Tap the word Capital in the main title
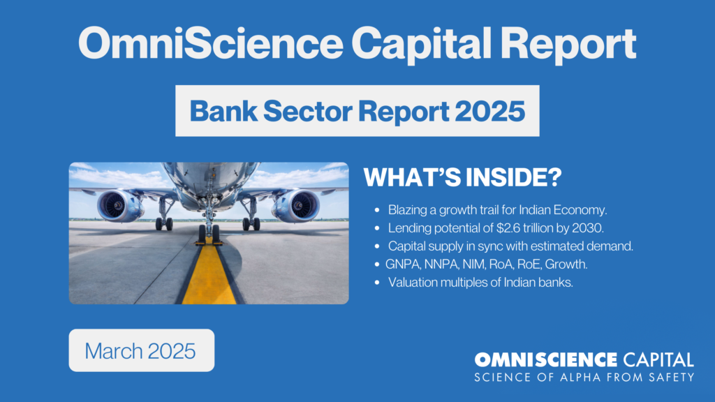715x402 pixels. pos(421,45)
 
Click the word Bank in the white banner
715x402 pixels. pos(223,111)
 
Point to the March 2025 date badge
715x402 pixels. pos(141,350)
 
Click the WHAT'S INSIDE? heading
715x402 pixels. pos(462,177)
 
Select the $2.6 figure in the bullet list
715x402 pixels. pos(508,228)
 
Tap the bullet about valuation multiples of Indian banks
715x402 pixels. pos(480,283)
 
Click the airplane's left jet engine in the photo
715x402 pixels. pos(120,205)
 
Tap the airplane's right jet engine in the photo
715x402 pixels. pos(296,206)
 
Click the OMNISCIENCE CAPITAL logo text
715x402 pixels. pos(584,360)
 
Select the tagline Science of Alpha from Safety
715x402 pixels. pos(584,378)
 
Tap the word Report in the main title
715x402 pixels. pos(568,45)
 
